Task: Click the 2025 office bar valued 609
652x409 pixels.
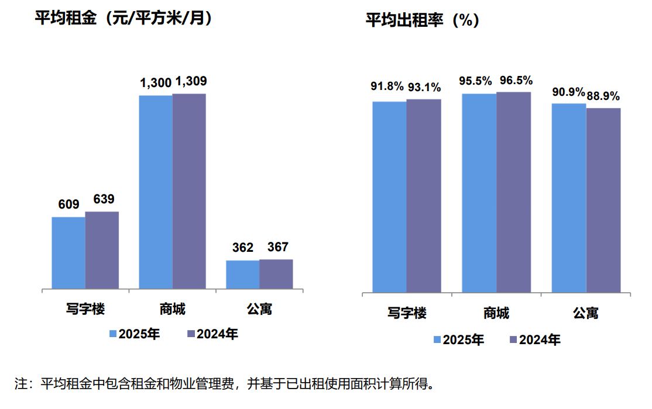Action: (68, 253)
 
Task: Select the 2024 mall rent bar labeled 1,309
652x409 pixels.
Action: (189, 191)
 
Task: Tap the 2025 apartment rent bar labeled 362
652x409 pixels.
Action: (242, 275)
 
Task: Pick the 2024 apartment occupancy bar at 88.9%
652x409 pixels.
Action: (603, 200)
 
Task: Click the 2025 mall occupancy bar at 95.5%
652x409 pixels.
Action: (479, 193)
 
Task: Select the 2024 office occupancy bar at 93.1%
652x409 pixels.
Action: (424, 196)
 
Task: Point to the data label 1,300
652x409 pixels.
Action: (155, 84)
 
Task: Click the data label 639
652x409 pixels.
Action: (104, 199)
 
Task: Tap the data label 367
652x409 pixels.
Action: (277, 247)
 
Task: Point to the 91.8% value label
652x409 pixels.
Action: (387, 87)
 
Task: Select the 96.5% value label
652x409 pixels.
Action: (516, 80)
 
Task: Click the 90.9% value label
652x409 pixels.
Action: (568, 92)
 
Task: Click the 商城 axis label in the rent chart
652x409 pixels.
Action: (172, 309)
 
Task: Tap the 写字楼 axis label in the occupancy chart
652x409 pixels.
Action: (407, 313)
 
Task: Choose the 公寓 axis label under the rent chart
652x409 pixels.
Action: (259, 309)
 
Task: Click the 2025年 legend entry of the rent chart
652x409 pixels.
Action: (134, 334)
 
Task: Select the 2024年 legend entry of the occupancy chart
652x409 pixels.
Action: (534, 339)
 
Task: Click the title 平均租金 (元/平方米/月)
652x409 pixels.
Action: (123, 19)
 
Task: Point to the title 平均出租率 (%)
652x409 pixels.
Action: (423, 21)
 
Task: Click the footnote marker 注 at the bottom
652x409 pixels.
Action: (21, 384)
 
